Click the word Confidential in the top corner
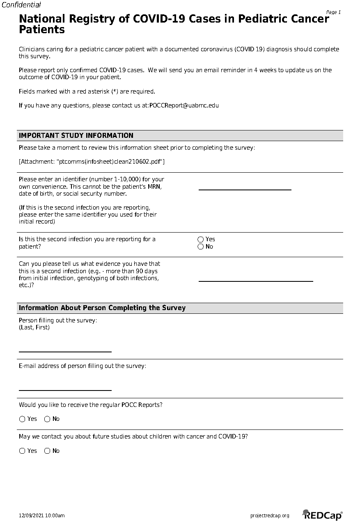pyautogui.click(x=21, y=5)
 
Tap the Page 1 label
pyautogui.click(x=333, y=12)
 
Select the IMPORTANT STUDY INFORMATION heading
pyautogui.click(x=76, y=135)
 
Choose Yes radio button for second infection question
pyautogui.click(x=201, y=239)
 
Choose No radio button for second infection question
pyautogui.click(x=201, y=247)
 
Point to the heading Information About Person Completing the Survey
pyautogui.click(x=102, y=308)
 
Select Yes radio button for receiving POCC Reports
pyautogui.click(x=22, y=419)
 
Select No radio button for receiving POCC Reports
pyautogui.click(x=47, y=419)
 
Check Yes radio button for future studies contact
pyautogui.click(x=22, y=451)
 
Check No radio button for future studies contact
pyautogui.click(x=47, y=451)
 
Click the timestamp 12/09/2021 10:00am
pyautogui.click(x=41, y=516)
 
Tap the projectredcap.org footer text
pyautogui.click(x=269, y=516)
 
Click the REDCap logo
pyautogui.click(x=322, y=515)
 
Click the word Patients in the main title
pyautogui.click(x=42, y=30)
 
